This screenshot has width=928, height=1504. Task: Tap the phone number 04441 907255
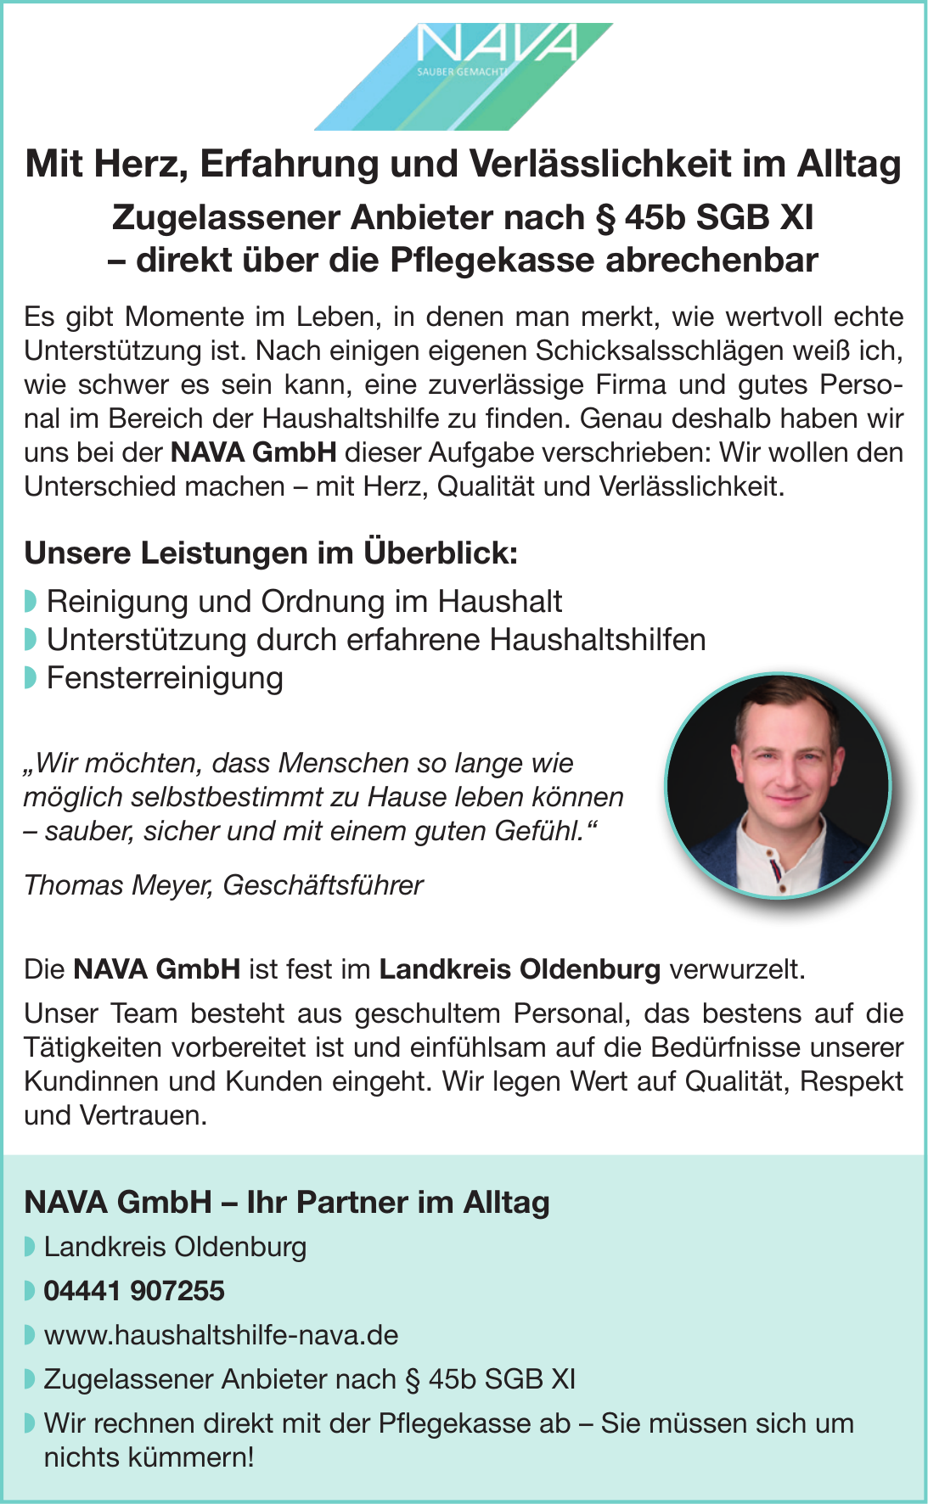tap(134, 1291)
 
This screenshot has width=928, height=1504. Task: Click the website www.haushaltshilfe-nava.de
tap(221, 1335)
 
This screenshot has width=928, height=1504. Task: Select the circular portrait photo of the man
tap(778, 785)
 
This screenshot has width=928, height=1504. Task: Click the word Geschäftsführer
tap(323, 885)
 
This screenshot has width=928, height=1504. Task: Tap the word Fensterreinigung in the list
tap(165, 678)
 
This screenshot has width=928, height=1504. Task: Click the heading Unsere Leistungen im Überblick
tap(271, 553)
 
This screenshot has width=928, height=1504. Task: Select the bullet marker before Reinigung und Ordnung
tap(31, 602)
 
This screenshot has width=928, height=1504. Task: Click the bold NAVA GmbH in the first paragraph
tap(253, 452)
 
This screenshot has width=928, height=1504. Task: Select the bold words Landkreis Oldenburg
tap(520, 969)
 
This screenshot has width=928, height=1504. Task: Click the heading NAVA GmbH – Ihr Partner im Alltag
tap(287, 1202)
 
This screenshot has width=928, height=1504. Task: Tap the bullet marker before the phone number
tap(31, 1291)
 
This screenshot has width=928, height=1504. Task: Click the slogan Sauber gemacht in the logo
tap(458, 72)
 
